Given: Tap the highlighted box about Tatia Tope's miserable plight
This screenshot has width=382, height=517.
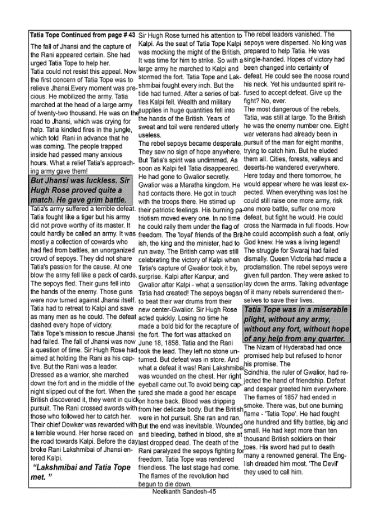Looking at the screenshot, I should tap(297, 323).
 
